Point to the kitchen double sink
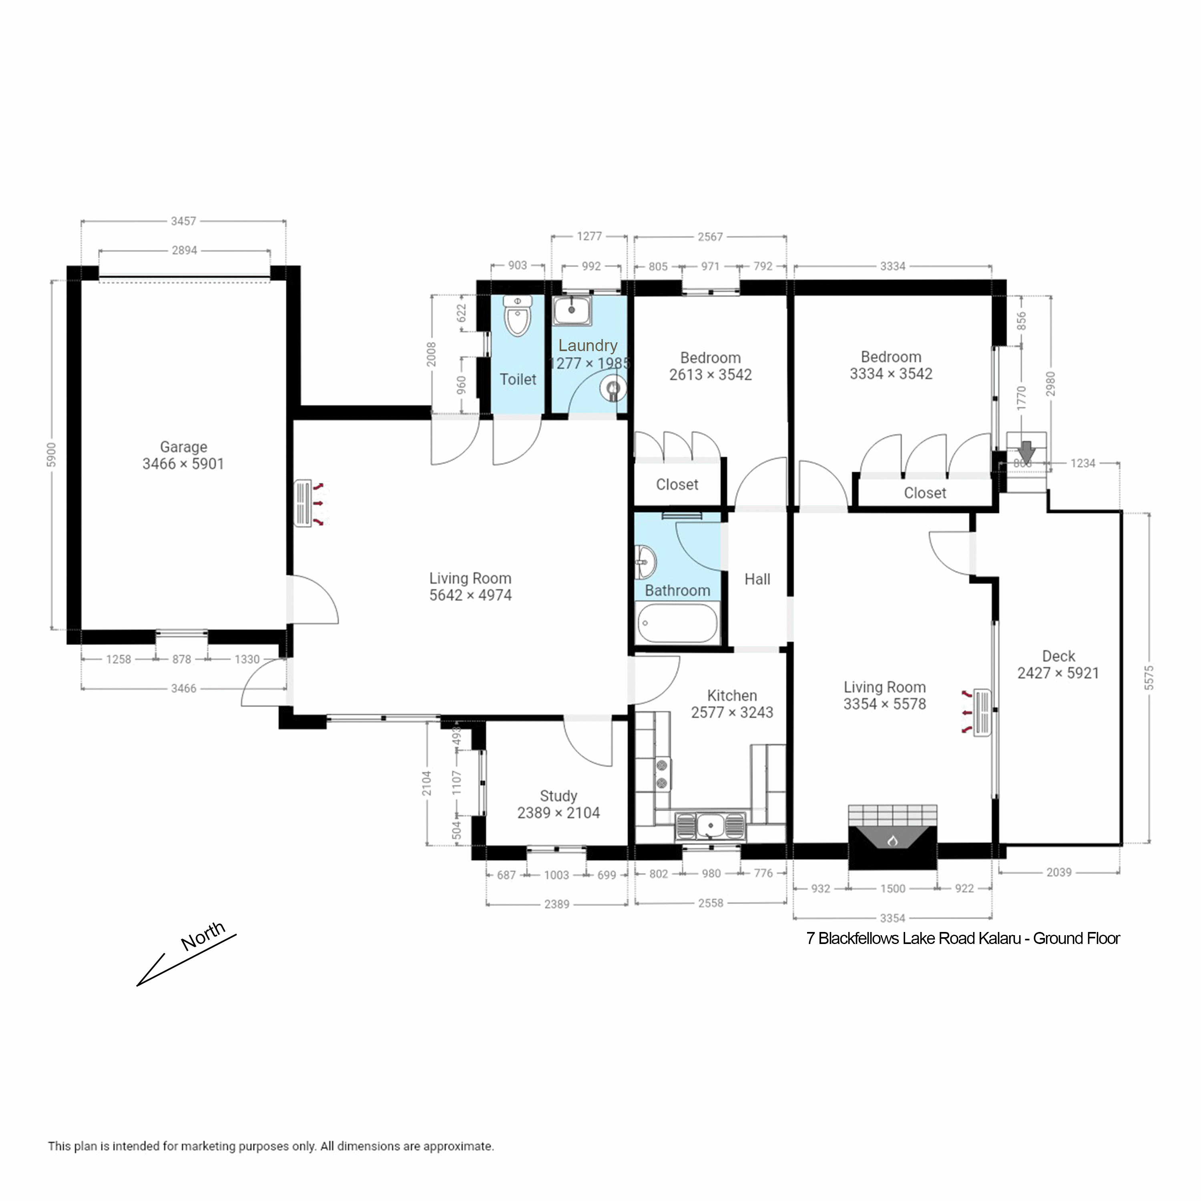click(x=710, y=826)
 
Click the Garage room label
click(x=183, y=447)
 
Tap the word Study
click(x=558, y=796)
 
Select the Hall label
click(x=757, y=579)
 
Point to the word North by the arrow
click(x=203, y=936)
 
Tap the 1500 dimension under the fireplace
click(x=893, y=888)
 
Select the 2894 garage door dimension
click(x=185, y=251)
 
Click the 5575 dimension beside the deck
click(x=1149, y=678)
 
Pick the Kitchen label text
click(x=732, y=696)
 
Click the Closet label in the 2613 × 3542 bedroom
click(x=677, y=484)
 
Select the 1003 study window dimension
click(x=556, y=875)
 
